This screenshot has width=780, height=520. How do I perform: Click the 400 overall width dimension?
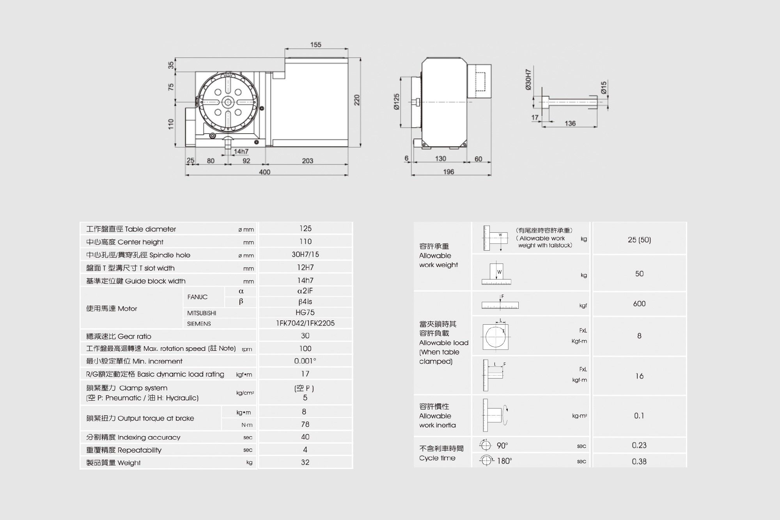point(264,172)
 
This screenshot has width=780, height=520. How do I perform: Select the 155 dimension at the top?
point(316,45)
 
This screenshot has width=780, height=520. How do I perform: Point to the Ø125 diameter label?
point(397,102)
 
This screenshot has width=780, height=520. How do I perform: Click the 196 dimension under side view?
point(448,172)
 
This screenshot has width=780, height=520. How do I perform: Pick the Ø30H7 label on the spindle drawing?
point(528,80)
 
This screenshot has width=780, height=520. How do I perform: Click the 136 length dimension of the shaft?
point(570,124)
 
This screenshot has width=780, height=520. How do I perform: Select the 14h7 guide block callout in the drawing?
point(241,152)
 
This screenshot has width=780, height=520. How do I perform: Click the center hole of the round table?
point(227,103)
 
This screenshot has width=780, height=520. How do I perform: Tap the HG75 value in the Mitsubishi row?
point(305,313)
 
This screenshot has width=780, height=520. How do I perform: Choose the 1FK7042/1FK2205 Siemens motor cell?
point(305,323)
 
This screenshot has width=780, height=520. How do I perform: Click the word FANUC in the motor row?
point(197,297)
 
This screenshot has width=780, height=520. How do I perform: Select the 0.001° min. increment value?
point(305,361)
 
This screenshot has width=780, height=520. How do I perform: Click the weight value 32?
point(305,462)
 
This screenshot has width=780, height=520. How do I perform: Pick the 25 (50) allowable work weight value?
point(639,240)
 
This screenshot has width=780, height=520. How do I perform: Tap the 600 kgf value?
point(639,304)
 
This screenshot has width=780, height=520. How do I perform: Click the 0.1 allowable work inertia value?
point(639,416)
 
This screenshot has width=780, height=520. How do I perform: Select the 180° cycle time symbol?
point(486,461)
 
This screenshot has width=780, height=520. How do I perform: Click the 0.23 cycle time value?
point(639,446)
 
